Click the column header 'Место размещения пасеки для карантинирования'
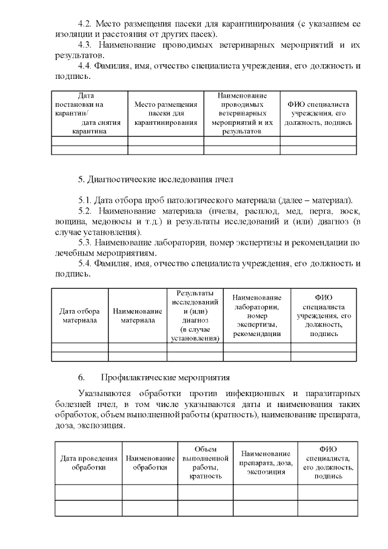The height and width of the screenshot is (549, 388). pos(166,113)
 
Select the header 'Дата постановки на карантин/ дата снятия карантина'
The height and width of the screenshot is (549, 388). pos(90,113)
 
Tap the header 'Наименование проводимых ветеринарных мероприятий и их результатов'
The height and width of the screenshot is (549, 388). pos(241,113)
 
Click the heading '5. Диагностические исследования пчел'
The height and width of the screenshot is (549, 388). pos(155,179)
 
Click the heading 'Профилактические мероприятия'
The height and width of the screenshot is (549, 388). pos(165,377)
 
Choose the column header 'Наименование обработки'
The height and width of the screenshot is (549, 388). pos(150,463)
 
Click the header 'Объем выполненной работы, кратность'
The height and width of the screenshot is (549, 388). pos(204,463)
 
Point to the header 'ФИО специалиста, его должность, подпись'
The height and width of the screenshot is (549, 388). pos(327,463)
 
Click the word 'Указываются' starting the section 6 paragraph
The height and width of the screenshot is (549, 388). pos(104,393)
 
